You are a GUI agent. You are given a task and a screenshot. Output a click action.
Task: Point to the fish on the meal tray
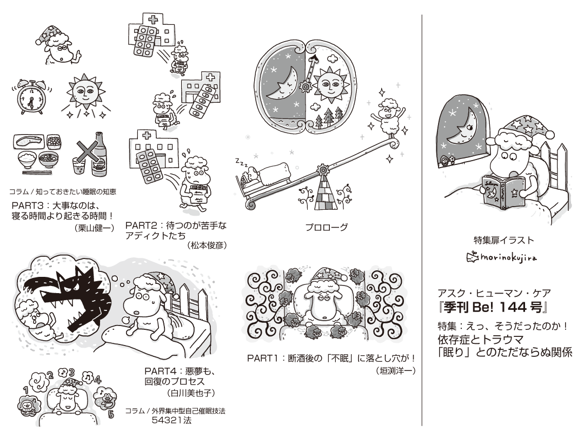29,143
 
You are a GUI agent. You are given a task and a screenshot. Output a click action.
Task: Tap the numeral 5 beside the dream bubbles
111,415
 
